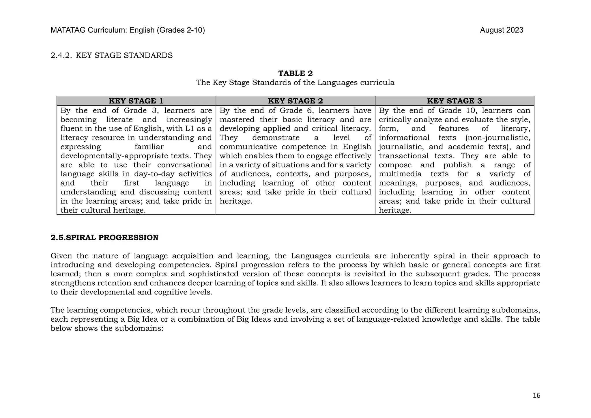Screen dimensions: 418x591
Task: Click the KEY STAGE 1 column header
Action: (136, 101)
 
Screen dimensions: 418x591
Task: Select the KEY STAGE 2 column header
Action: (295, 101)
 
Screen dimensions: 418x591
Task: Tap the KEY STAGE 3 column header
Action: (455, 101)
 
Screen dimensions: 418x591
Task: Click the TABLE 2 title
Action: (295, 73)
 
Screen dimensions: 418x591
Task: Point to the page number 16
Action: (536, 395)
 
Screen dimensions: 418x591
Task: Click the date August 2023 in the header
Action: (502, 30)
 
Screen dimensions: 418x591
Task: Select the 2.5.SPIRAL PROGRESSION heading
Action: (104, 238)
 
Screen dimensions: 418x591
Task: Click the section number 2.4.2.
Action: (61, 55)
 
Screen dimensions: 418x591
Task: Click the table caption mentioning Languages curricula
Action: (295, 83)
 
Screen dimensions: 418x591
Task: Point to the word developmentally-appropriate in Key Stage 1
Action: (115, 156)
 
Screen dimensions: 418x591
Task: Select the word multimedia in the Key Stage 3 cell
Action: (400, 174)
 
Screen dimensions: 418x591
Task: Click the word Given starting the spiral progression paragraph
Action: (61, 256)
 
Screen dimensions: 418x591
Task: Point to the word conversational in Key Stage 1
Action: (184, 165)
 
